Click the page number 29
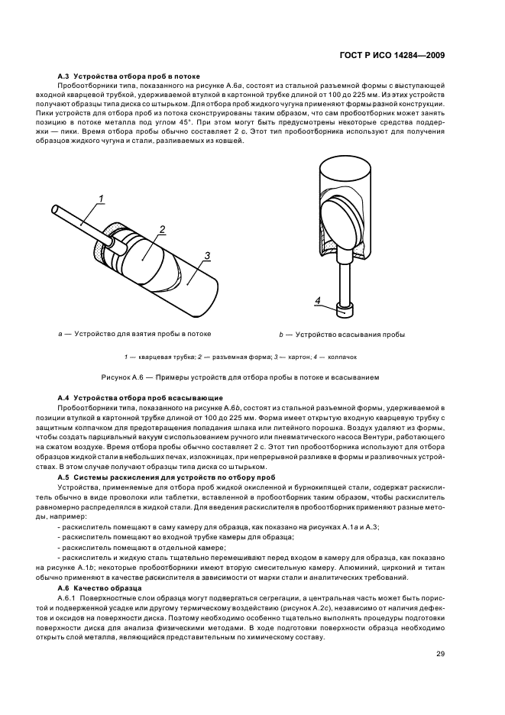[441, 652]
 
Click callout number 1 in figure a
[100, 200]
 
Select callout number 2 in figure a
[161, 228]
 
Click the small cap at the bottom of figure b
[345, 310]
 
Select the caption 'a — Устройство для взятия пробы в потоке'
[134, 334]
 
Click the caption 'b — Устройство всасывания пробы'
[342, 335]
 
